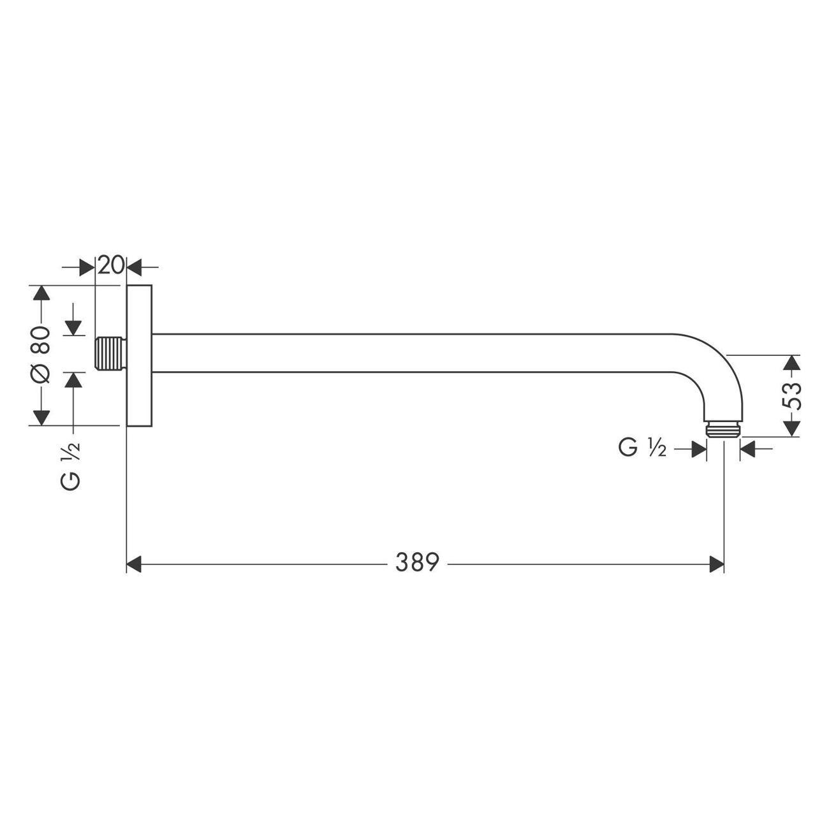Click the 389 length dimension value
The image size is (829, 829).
click(417, 562)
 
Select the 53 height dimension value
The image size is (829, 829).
click(791, 396)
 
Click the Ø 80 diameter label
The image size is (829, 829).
click(40, 355)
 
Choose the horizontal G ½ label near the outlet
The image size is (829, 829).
click(642, 448)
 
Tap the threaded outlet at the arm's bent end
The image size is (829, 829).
click(723, 429)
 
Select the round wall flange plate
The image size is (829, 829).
click(140, 355)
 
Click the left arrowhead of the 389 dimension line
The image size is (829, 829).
click(133, 564)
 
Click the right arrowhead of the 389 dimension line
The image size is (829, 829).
click(717, 564)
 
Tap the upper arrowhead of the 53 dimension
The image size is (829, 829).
click(791, 363)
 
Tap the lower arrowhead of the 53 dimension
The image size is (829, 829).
click(791, 429)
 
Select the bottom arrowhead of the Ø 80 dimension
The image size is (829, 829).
click(41, 418)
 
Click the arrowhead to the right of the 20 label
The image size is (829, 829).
click(135, 267)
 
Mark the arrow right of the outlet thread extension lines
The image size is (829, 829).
click(748, 450)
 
